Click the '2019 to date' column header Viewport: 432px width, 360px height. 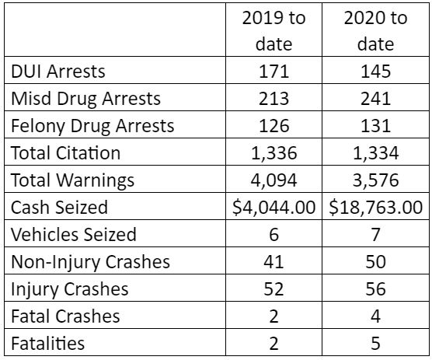tap(273, 30)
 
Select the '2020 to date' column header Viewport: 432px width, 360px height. tap(375, 30)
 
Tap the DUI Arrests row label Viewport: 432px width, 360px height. tap(58, 72)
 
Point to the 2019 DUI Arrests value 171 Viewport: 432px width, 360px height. tap(273, 72)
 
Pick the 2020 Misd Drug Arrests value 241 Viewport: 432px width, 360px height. tap(375, 99)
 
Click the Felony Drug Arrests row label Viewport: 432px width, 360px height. tap(92, 126)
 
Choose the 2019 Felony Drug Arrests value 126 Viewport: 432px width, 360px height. tap(273, 126)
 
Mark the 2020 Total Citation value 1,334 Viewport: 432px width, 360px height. tap(375, 153)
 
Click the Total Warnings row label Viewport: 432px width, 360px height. tap(73, 180)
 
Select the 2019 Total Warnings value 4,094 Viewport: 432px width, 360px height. tap(273, 180)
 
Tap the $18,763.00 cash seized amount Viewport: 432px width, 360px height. tap(376, 208)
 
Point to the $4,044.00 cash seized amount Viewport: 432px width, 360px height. tap(273, 208)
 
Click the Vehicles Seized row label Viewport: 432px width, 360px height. tap(74, 234)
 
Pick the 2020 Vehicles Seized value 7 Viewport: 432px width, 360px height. tap(376, 234)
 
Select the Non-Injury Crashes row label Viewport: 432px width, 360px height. tap(90, 262)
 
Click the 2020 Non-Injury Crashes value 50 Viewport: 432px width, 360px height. tap(375, 261)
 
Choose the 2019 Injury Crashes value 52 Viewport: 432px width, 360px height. tap(273, 289)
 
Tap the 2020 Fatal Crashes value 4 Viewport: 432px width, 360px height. tap(376, 316)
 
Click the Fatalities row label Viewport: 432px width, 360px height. tap(47, 343)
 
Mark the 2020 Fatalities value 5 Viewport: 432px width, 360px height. tap(376, 343)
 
